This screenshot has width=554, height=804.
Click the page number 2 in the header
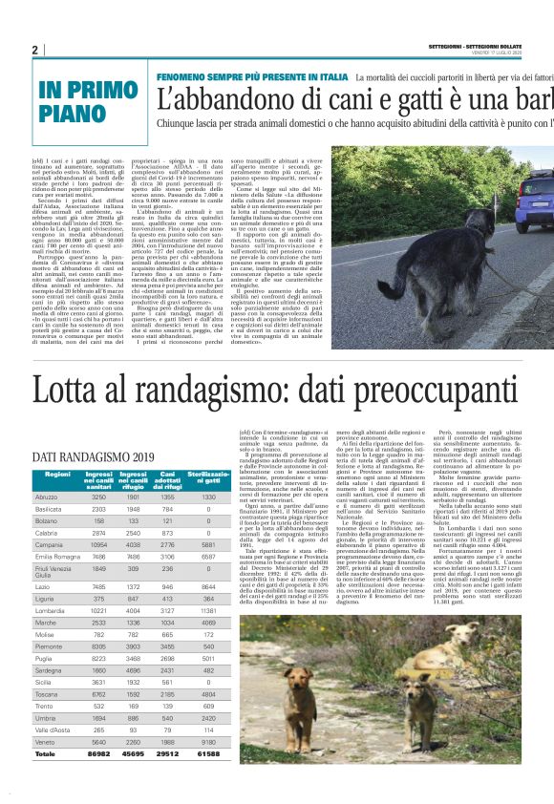click(35, 50)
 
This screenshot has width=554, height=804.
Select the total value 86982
click(97, 754)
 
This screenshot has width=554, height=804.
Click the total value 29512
click(168, 754)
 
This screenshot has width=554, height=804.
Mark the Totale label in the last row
click(47, 754)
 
